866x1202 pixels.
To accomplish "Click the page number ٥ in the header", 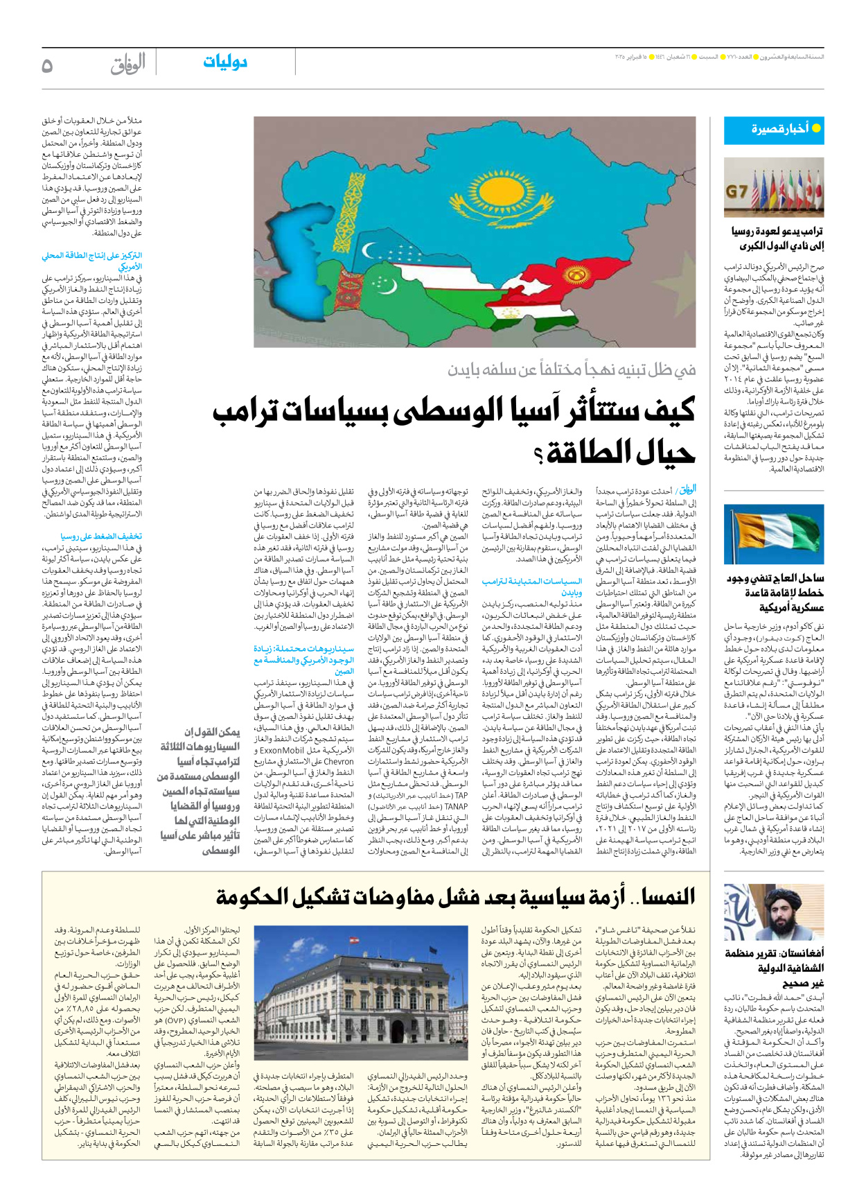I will pos(47,65).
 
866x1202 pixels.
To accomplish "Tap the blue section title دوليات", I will pos(225,62).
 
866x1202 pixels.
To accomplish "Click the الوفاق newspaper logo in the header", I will pos(128,64).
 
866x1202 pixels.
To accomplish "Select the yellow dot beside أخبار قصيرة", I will pos(815,128).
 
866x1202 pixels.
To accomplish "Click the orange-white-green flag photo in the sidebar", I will pos(773,534).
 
